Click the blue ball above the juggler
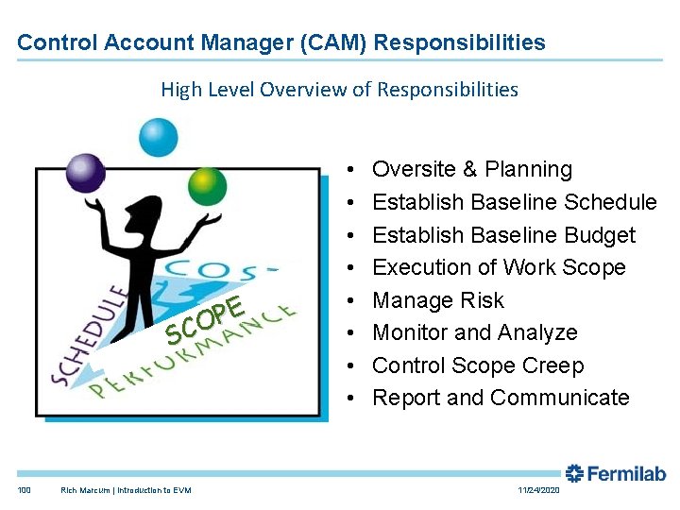click(x=159, y=137)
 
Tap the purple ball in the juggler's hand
click(x=85, y=172)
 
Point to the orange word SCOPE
click(x=206, y=319)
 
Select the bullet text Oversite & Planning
click(x=472, y=169)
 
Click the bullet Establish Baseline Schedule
click(x=514, y=202)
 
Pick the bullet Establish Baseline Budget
click(x=503, y=235)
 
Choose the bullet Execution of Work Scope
click(x=499, y=267)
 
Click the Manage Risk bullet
click(x=438, y=300)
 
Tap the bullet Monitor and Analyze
click(x=474, y=332)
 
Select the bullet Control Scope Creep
click(x=478, y=365)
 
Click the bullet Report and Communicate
click(x=501, y=398)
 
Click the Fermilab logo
click(x=615, y=473)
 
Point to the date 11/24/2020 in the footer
click(x=538, y=490)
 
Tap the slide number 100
click(x=24, y=490)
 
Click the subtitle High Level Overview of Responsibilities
click(x=339, y=90)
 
